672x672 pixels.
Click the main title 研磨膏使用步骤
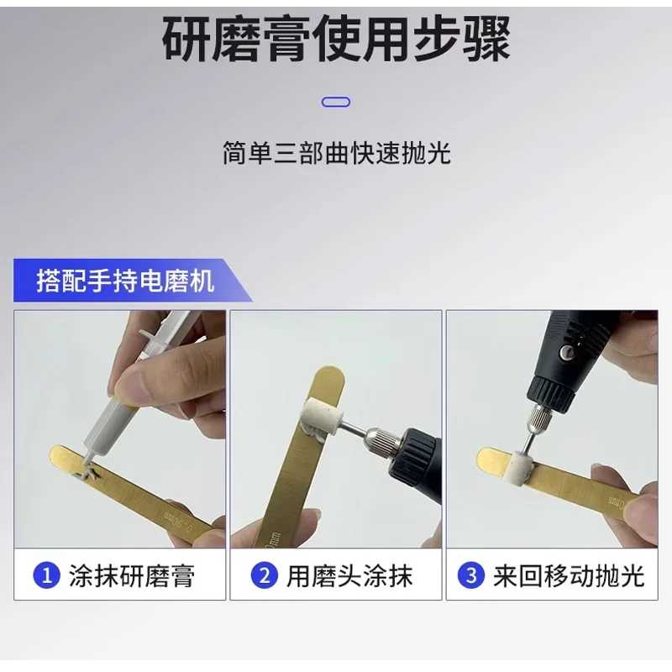[337, 39]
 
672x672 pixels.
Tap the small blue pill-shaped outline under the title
[336, 102]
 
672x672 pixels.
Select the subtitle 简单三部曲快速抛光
[337, 153]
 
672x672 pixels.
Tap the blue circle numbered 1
[46, 575]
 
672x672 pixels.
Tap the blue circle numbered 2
[265, 575]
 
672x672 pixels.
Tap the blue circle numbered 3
[471, 575]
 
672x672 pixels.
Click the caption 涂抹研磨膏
[132, 575]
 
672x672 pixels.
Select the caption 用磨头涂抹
[349, 575]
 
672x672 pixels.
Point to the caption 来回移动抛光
[569, 575]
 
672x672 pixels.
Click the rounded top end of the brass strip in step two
[328, 375]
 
